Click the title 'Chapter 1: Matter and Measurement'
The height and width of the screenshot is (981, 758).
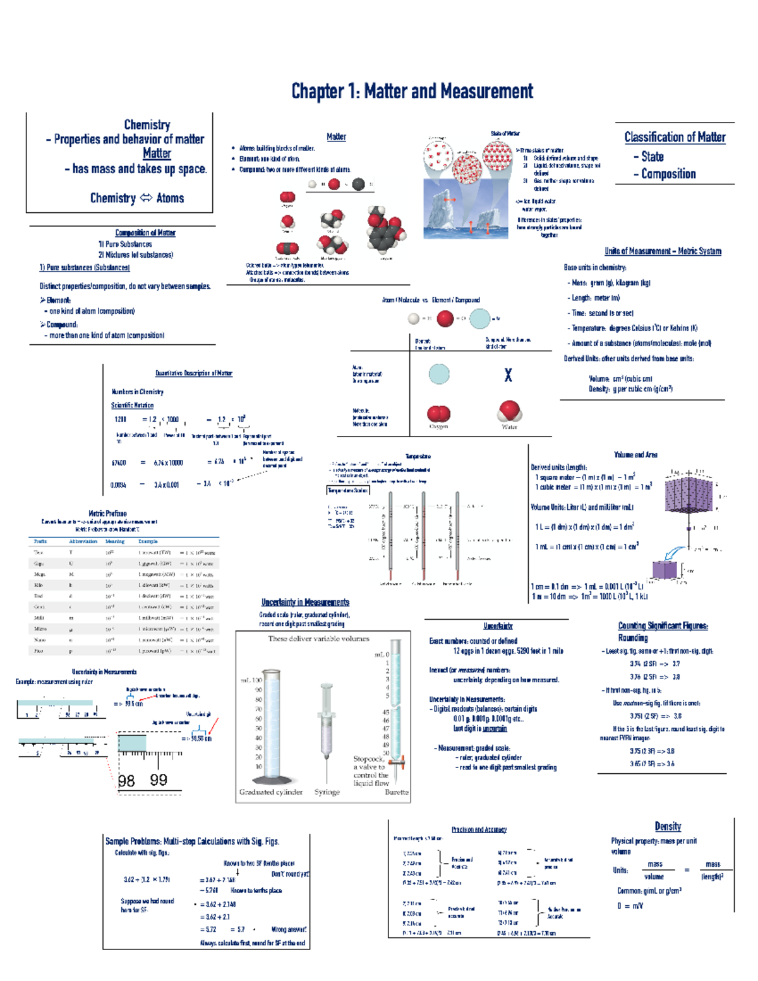pos(412,92)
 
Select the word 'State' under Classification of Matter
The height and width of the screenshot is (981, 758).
pos(652,157)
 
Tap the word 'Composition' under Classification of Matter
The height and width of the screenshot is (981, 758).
pos(668,174)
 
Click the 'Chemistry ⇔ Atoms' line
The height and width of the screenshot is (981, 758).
pos(136,198)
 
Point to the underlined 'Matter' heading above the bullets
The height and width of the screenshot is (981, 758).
pos(336,136)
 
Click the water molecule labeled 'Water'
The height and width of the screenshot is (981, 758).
pos(509,411)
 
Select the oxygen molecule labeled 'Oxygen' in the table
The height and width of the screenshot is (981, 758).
pos(438,414)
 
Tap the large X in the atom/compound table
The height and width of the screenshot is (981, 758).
pos(508,376)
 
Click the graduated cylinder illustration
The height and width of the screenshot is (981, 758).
pos(272,726)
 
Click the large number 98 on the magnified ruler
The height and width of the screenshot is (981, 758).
pos(126,781)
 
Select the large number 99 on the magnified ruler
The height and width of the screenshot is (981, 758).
pos(159,780)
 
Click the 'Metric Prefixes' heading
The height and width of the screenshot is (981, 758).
pos(107,514)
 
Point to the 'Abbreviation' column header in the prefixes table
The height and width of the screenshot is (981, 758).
pos(83,541)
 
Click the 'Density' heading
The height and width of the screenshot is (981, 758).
pos(668,826)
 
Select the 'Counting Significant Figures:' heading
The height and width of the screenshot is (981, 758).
pos(663,626)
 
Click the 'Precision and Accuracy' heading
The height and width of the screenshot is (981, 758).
pos(479,829)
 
